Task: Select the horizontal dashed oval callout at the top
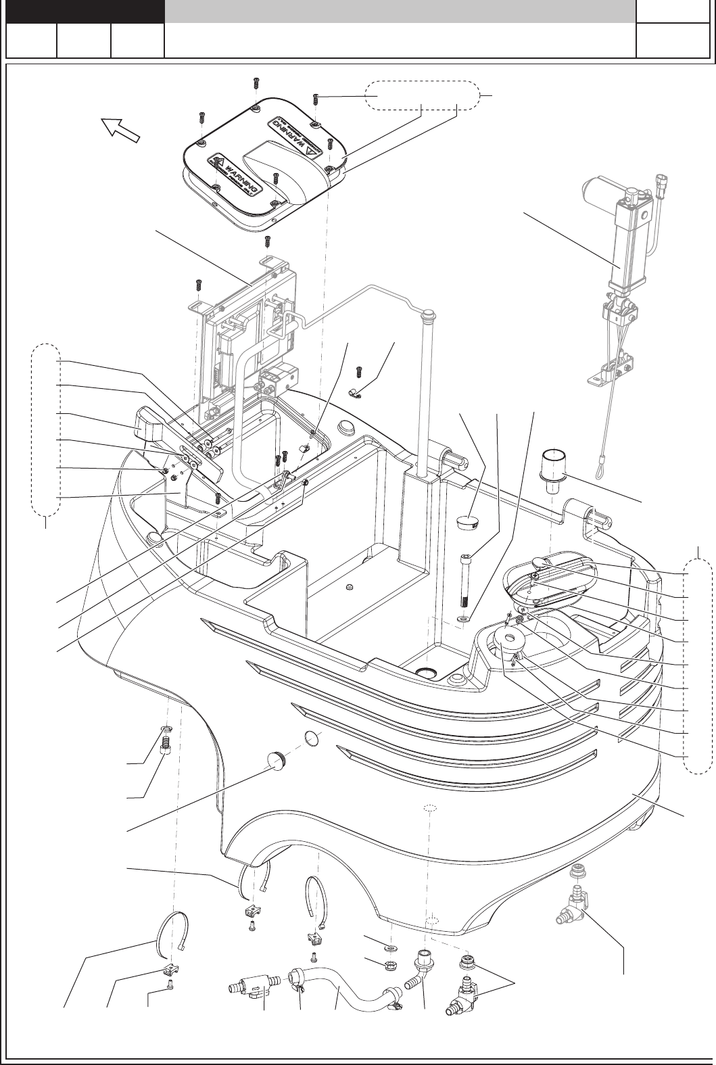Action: pos(422,97)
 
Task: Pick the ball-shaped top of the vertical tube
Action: pos(427,314)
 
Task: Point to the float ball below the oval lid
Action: pos(511,639)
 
